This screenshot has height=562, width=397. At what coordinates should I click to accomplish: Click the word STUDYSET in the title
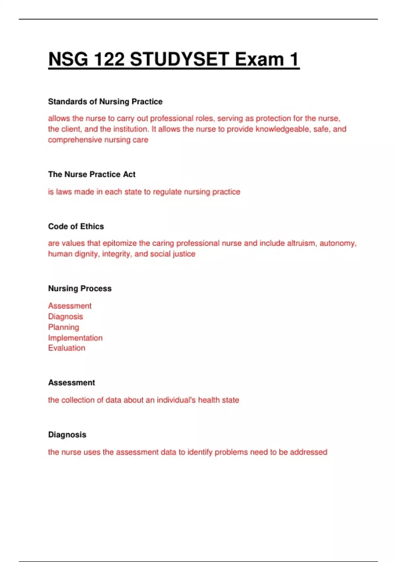[x=179, y=60]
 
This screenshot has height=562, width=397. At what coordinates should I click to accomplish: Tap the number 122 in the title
[x=109, y=60]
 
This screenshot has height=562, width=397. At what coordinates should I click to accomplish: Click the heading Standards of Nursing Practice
[x=105, y=101]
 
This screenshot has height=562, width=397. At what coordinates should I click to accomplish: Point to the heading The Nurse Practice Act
[x=92, y=174]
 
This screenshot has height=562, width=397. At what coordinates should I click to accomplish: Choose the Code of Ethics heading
[x=76, y=226]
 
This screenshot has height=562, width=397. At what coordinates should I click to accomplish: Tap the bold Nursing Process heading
[x=80, y=289]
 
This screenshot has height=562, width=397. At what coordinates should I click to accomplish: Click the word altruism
[x=301, y=243]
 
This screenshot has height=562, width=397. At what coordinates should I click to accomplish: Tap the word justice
[x=184, y=254]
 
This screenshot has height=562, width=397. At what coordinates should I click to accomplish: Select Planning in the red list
[x=64, y=327]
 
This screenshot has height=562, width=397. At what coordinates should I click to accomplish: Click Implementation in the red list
[x=75, y=338]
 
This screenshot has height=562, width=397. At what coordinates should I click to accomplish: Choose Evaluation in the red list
[x=66, y=348]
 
